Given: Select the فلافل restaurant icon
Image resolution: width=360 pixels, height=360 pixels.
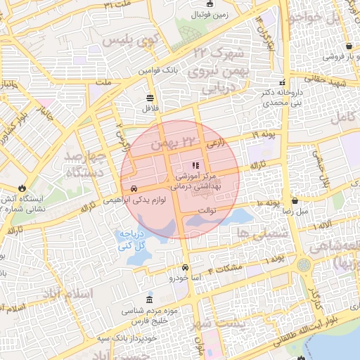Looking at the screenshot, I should pos(150,98).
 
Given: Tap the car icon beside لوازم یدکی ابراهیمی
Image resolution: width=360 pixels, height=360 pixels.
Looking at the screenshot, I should pos(133,188).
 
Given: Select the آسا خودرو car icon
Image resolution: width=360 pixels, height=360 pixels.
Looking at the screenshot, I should pos(185,268).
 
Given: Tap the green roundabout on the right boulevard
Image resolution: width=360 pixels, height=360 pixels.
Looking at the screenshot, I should pos(304,265).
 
